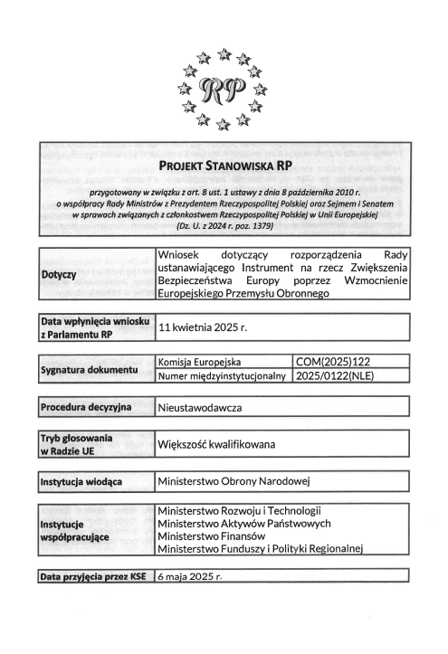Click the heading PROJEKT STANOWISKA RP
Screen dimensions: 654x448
click(223, 166)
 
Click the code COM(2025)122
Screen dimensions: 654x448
click(329, 362)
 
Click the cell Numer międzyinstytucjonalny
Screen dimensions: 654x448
click(223, 376)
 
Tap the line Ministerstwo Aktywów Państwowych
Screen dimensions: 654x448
click(243, 524)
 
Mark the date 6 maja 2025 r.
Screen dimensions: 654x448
click(190, 575)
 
